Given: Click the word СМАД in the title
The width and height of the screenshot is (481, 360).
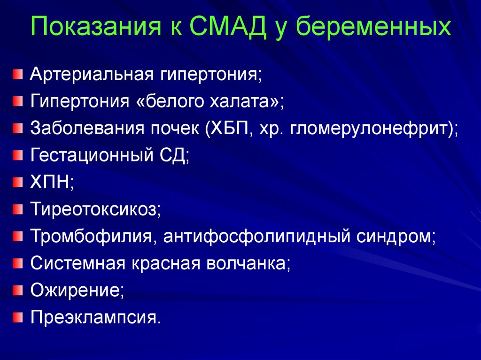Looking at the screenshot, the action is pos(228,26).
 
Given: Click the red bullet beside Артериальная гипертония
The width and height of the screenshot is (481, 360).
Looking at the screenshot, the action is pos(18,75).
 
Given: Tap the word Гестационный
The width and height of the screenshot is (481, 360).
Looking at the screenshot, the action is pos(92,155).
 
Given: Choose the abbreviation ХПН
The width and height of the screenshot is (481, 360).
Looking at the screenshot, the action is pos(50,182).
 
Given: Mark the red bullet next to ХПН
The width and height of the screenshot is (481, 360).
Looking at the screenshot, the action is pos(18,182).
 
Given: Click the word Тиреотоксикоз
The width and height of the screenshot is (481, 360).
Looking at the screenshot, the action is pos(93,209).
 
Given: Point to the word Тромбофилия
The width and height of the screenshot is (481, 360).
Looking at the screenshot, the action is pos(91,236).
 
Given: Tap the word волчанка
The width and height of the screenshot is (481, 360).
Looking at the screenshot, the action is pos(246,263).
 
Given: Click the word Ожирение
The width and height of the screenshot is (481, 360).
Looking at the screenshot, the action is pos(75,291).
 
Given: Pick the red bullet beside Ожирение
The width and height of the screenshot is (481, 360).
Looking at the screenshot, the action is pos(18,290).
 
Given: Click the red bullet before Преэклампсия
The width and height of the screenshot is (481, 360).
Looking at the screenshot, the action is pos(18,317).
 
